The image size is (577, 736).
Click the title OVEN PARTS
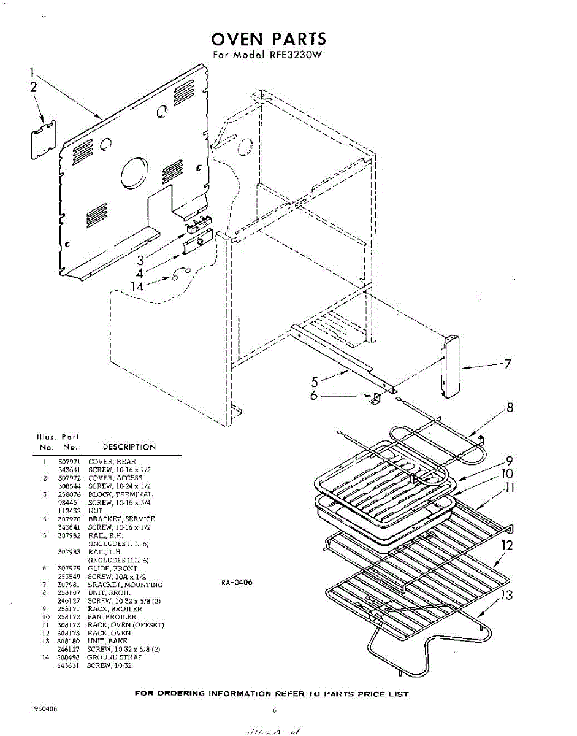click(x=269, y=40)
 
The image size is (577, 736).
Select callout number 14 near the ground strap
click(x=138, y=285)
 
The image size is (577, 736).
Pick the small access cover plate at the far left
click(x=43, y=139)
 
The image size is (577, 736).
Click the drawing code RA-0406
click(x=237, y=583)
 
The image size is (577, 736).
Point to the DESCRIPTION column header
click(x=129, y=447)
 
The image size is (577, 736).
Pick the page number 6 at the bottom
click(x=275, y=711)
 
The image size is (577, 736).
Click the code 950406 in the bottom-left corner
click(x=47, y=708)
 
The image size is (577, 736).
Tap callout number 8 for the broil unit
click(x=510, y=407)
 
